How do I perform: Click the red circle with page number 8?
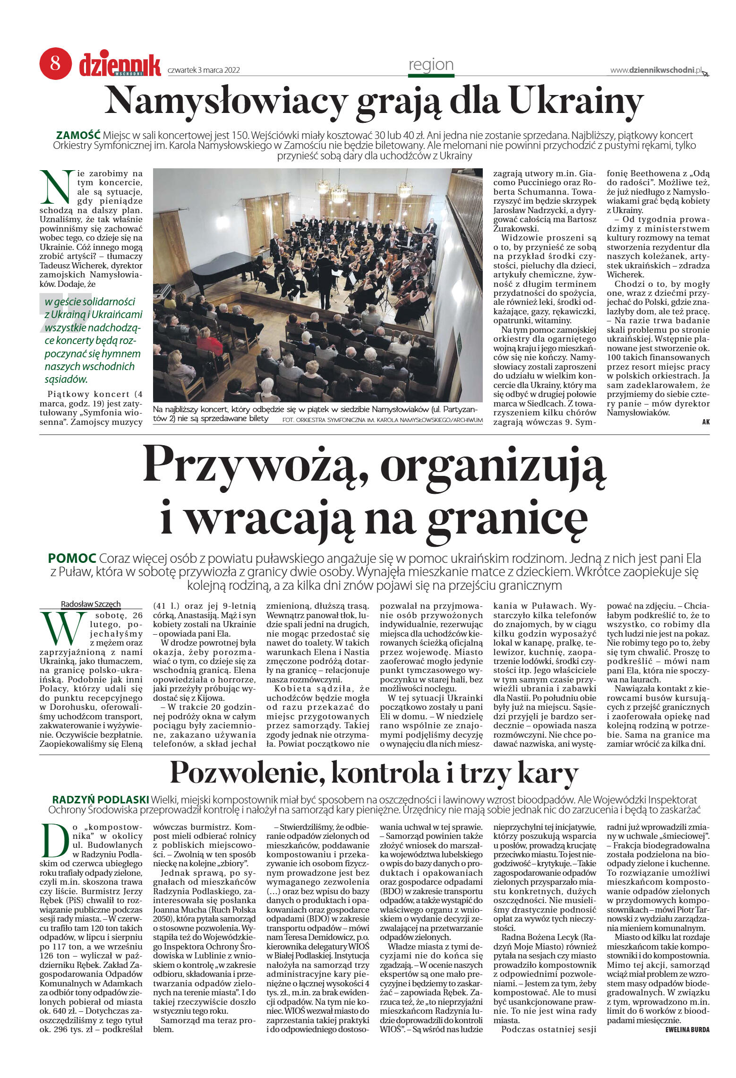click(x=55, y=63)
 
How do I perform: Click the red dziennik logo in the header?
click(x=120, y=65)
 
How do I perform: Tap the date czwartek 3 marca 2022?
click(x=204, y=70)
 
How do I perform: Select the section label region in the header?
click(x=431, y=65)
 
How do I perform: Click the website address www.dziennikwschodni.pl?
click(x=656, y=70)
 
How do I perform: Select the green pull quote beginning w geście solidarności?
click(x=93, y=340)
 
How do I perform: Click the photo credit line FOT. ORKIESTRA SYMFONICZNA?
click(x=382, y=420)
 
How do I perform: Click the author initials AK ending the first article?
click(x=706, y=422)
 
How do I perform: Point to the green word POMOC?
click(x=72, y=559)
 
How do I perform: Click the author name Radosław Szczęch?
click(x=91, y=604)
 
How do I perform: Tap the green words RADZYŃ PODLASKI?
click(x=100, y=800)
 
